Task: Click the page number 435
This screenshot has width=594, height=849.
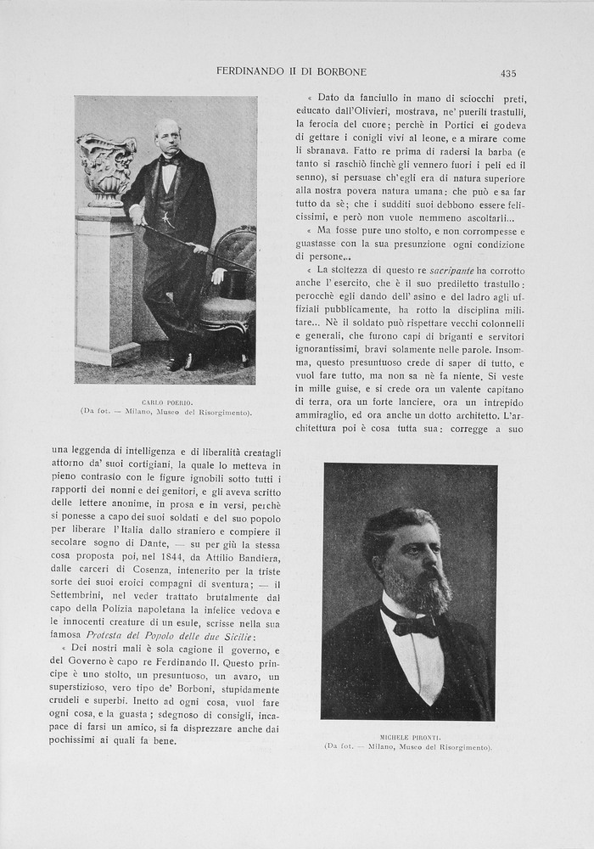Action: [x=508, y=73]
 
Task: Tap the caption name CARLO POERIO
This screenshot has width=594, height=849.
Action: [x=167, y=401]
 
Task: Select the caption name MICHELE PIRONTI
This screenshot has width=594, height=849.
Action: [x=408, y=737]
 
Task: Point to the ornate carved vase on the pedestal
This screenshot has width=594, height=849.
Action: [x=107, y=167]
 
